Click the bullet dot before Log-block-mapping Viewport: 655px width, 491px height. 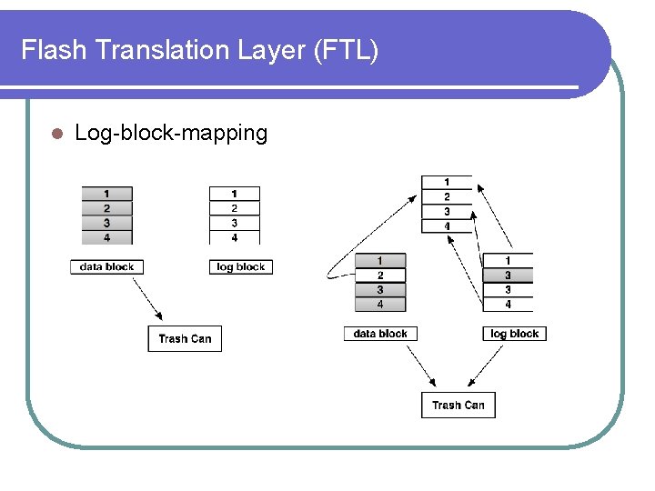click(55, 134)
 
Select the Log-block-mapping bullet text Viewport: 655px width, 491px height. click(171, 134)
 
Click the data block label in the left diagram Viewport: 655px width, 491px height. click(106, 266)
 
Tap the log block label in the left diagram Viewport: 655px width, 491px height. click(241, 266)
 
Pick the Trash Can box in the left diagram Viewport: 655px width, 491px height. click(185, 338)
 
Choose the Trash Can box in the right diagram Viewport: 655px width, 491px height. click(458, 405)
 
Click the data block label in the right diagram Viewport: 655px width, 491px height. click(380, 334)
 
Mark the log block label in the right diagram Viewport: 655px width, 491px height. click(514, 334)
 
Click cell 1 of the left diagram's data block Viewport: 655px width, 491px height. click(106, 194)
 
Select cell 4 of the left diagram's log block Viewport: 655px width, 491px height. click(234, 237)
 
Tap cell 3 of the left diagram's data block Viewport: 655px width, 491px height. click(106, 223)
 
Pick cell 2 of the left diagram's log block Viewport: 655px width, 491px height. click(234, 208)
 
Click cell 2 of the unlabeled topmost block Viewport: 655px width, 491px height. click(447, 197)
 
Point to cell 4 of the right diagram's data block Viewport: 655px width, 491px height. click(380, 305)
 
